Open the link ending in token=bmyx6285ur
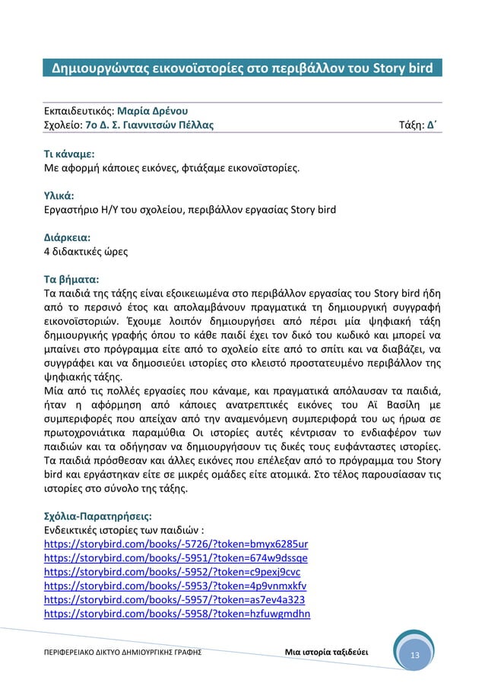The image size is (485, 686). [176, 545]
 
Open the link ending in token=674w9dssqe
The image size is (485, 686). [177, 558]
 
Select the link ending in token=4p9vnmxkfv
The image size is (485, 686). [176, 586]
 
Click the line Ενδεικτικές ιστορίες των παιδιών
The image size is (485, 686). [125, 530]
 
